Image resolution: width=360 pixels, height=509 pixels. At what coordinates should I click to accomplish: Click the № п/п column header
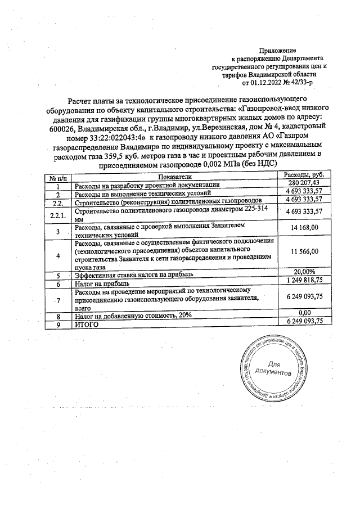click(x=57, y=177)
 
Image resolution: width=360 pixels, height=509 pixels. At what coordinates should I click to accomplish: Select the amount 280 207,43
click(x=303, y=183)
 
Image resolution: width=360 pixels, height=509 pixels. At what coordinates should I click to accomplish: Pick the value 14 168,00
click(x=305, y=227)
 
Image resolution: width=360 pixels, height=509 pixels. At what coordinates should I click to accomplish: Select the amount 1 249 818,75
click(x=304, y=281)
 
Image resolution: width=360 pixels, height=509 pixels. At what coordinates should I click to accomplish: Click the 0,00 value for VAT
click(x=305, y=313)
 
